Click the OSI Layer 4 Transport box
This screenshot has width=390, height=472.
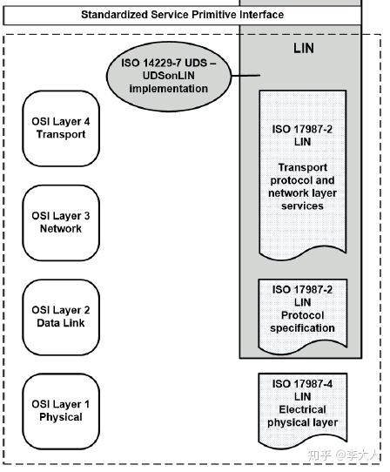click(60, 130)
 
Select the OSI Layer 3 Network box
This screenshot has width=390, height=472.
click(60, 223)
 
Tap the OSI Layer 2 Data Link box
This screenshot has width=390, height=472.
click(60, 317)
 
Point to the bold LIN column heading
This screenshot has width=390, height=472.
click(304, 49)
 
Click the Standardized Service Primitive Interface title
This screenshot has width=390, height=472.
click(182, 15)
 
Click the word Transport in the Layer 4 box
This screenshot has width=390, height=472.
click(60, 135)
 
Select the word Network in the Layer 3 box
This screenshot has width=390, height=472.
click(60, 229)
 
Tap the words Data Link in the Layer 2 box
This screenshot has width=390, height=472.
click(60, 323)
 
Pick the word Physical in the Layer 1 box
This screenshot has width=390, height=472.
click(60, 417)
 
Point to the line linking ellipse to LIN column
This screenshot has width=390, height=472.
click(247, 77)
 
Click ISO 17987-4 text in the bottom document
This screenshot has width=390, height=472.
click(302, 384)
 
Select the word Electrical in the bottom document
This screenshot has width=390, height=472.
click(302, 409)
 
